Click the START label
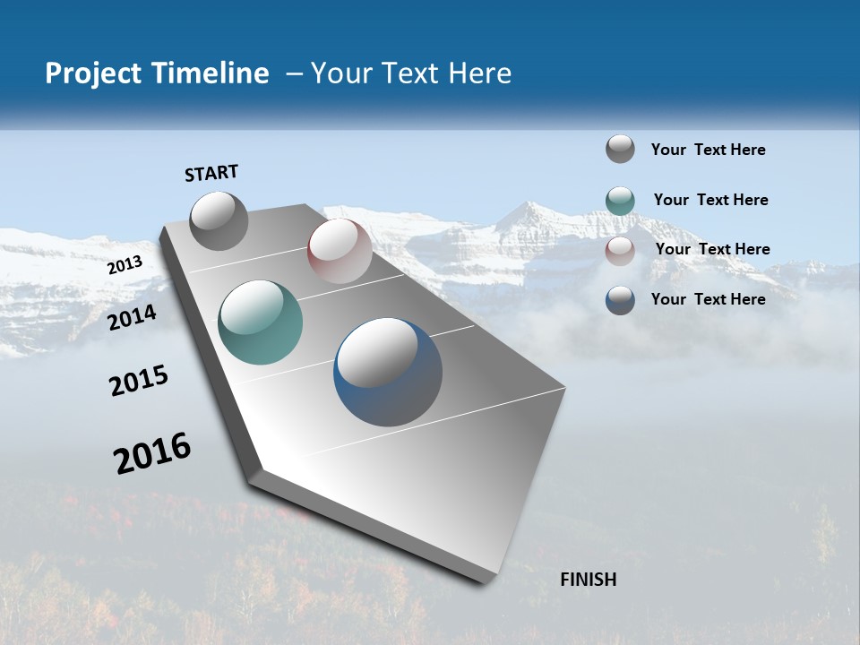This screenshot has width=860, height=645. (x=211, y=173)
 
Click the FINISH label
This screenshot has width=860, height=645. (x=588, y=580)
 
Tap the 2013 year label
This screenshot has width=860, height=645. (x=125, y=265)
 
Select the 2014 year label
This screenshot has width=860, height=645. (x=133, y=317)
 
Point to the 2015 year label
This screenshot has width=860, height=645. (x=139, y=381)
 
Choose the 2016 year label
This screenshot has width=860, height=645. (x=152, y=453)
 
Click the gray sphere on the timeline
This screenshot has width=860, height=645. (x=219, y=220)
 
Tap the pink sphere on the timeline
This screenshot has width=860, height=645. (x=340, y=250)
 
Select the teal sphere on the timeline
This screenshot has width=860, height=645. (x=260, y=322)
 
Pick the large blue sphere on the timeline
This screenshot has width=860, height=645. (x=388, y=372)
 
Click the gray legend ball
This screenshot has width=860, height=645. (x=620, y=149)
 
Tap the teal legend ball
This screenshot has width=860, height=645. (x=620, y=200)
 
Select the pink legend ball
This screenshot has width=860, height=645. (x=620, y=251)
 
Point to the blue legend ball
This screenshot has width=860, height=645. (x=620, y=300)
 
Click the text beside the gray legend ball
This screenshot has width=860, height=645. (x=708, y=150)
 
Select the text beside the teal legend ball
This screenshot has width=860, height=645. (x=710, y=200)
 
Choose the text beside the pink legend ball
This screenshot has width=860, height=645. (x=712, y=249)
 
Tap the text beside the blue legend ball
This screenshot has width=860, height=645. (x=708, y=299)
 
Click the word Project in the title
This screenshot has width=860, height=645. (x=89, y=73)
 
